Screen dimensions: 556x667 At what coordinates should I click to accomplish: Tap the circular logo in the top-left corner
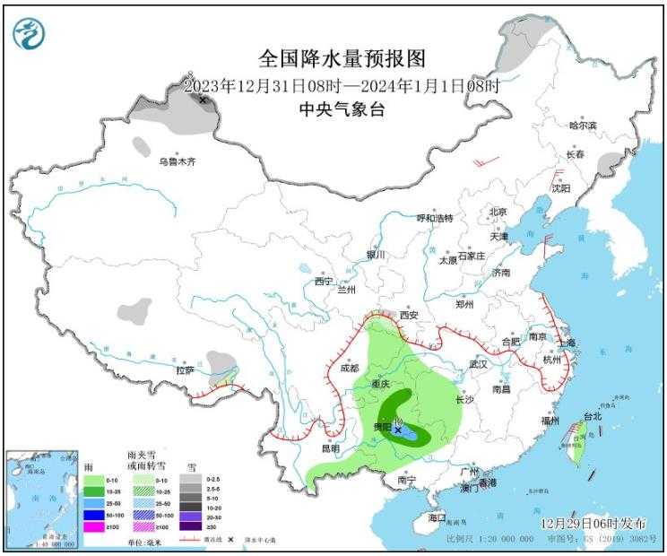tap(29, 33)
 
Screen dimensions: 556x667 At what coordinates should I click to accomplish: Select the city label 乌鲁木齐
tap(177, 162)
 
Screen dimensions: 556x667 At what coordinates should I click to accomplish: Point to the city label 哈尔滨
tap(583, 126)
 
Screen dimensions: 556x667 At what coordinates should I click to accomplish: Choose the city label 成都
tap(349, 368)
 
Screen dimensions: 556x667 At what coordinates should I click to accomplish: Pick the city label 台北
tap(593, 416)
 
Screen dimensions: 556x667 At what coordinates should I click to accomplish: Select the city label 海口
tap(437, 518)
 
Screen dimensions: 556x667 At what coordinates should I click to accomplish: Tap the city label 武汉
tap(477, 364)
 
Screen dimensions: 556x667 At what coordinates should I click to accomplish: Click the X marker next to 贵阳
tap(398, 430)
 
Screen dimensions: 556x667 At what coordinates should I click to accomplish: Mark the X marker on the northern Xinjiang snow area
tap(204, 100)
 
